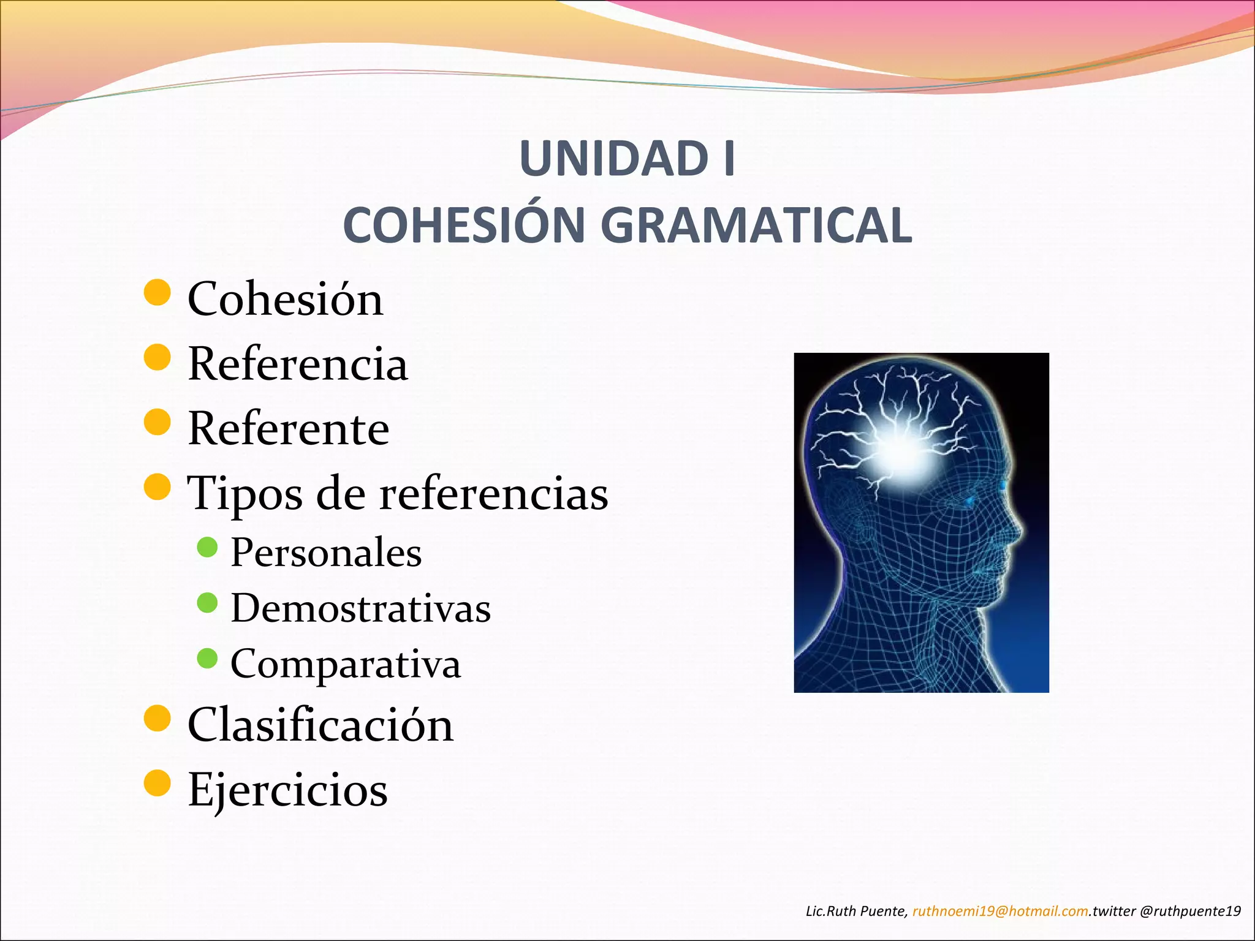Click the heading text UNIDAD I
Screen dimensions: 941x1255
click(x=627, y=159)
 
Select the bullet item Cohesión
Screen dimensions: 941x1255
click(x=285, y=300)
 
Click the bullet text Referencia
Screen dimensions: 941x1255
click(x=297, y=364)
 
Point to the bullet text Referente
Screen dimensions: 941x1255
click(x=288, y=428)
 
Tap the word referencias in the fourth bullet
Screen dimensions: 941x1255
click(x=493, y=494)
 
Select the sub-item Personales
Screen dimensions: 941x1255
click(x=326, y=553)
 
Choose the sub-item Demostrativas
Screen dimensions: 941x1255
click(x=360, y=608)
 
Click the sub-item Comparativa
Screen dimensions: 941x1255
click(x=345, y=663)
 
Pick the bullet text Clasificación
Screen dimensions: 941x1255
click(x=320, y=725)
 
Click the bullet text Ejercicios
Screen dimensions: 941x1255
click(x=287, y=790)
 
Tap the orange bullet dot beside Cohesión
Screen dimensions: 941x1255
click(x=157, y=292)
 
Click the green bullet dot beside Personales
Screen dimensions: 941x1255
click(x=208, y=547)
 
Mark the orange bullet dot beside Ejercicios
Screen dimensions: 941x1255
click(x=157, y=783)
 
